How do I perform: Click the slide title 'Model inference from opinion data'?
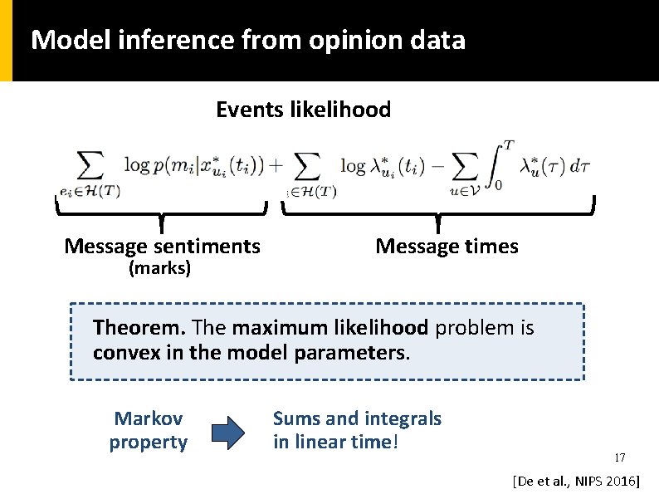point(247,40)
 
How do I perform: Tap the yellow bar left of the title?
point(6,40)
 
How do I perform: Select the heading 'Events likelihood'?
point(303,110)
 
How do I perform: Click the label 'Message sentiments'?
point(162,247)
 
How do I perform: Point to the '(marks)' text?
point(159,268)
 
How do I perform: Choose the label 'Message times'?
point(447,247)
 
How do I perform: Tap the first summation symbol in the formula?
point(89,167)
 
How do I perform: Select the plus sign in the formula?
point(276,166)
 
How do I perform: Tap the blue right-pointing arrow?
point(229,431)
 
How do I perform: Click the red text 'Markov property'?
point(149,430)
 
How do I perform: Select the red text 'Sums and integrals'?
point(357,418)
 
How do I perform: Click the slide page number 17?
point(619,458)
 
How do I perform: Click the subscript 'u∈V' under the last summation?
point(457,190)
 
